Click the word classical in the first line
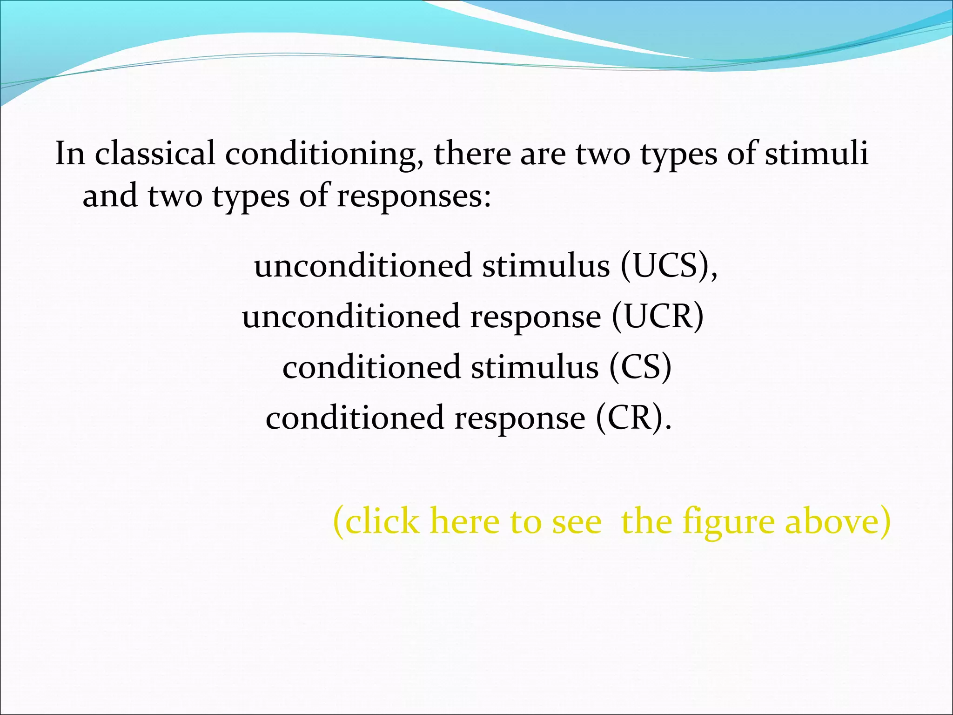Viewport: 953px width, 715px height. tap(155, 154)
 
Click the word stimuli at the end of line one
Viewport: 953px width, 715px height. tap(817, 154)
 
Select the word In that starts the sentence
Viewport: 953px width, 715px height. tap(70, 154)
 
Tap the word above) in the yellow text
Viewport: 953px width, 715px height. tap(838, 522)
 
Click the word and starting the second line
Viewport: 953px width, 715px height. tap(110, 196)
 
